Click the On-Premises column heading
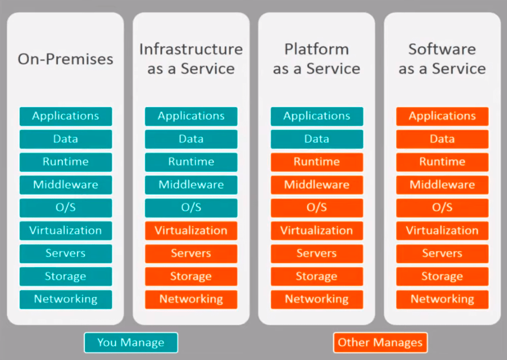pos(65,59)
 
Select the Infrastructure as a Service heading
pos(191,59)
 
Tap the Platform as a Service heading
pos(317,59)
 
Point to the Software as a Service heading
pos(442,59)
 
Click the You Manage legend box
pos(131,342)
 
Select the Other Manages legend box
pos(380,342)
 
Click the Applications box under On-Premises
pos(66,116)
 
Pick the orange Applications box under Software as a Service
pos(442,116)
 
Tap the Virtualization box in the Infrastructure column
pos(191,231)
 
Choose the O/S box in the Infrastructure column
pos(191,207)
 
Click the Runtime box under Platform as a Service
pos(317,162)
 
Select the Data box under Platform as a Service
pos(317,139)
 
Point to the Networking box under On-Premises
pos(66,299)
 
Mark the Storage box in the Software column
pos(442,276)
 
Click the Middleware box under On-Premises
pos(66,184)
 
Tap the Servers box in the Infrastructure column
pos(191,253)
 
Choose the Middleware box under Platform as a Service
pos(317,184)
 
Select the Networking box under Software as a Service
pos(442,299)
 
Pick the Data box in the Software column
pos(442,139)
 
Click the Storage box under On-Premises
pos(66,276)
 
